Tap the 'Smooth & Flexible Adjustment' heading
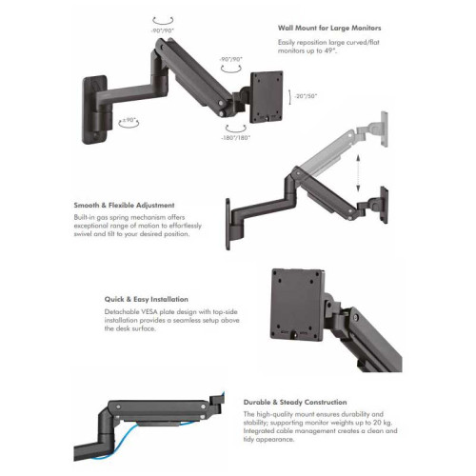(x=124, y=205)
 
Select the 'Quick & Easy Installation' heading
(x=147, y=299)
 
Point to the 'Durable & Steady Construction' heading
(x=295, y=402)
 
